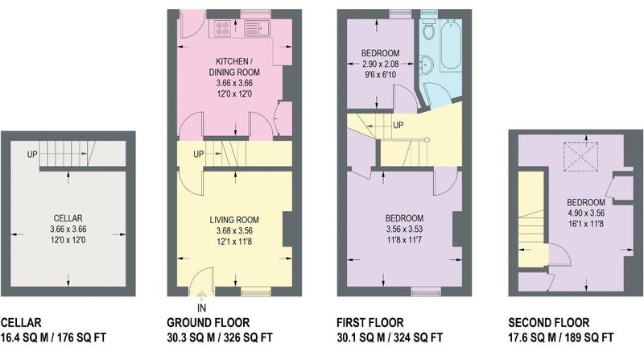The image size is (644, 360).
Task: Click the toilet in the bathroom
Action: (x=429, y=28)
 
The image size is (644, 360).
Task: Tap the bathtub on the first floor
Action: (x=451, y=45)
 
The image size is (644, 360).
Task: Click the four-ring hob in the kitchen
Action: (x=222, y=28)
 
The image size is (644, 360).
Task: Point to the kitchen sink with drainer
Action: (x=256, y=28)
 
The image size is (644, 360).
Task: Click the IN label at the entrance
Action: (x=202, y=308)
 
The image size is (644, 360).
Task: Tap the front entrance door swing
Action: (x=201, y=282)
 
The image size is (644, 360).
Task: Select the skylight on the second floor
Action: (x=580, y=156)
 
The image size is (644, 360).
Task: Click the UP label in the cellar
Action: (x=32, y=155)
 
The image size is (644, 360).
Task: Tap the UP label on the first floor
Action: (x=398, y=125)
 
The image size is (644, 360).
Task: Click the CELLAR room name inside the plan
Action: (x=68, y=218)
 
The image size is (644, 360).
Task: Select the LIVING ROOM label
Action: (x=234, y=220)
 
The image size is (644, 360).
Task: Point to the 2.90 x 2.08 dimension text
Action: (x=380, y=64)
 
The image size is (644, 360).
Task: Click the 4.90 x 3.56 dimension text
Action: (x=586, y=213)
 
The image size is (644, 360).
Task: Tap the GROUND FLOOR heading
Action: (x=208, y=323)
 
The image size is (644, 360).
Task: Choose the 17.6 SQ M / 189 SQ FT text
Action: (x=561, y=337)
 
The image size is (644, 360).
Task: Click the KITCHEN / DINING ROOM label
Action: (x=234, y=67)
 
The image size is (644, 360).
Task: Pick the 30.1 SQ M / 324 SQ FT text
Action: (x=390, y=337)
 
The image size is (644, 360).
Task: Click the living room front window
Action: (x=255, y=292)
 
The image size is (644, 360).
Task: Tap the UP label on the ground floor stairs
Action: (x=199, y=155)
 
